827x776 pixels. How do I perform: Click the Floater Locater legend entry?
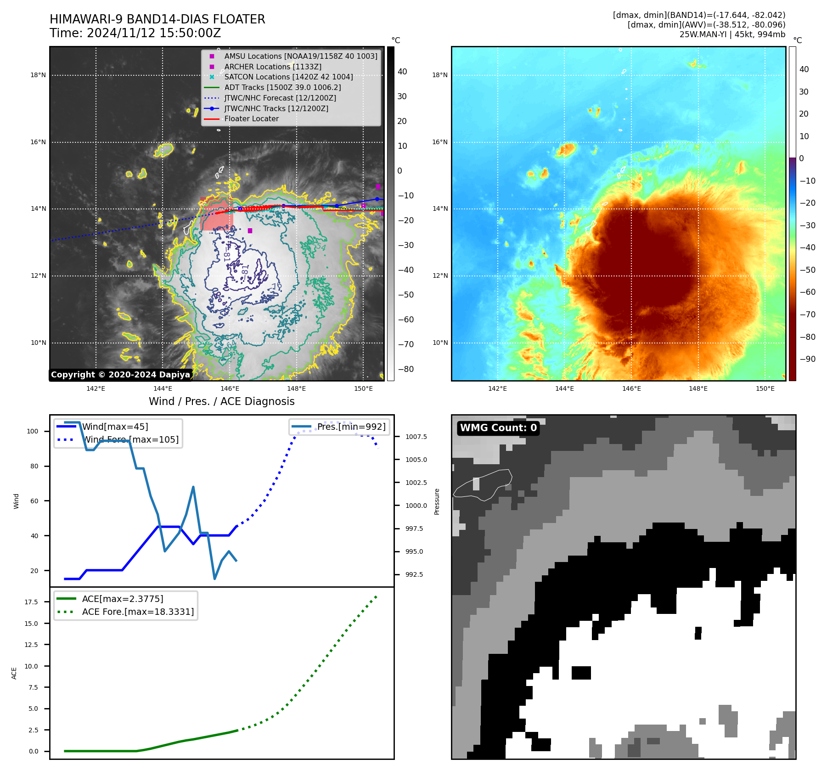pyautogui.click(x=251, y=119)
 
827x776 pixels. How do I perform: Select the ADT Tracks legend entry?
pyautogui.click(x=282, y=88)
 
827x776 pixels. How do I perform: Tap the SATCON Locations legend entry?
pyautogui.click(x=288, y=77)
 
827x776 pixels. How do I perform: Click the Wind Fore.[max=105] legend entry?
pyautogui.click(x=131, y=439)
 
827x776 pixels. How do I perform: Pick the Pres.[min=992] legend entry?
pyautogui.click(x=351, y=427)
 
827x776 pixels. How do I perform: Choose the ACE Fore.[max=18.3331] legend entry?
pyautogui.click(x=138, y=612)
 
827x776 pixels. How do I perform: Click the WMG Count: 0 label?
pyautogui.click(x=498, y=428)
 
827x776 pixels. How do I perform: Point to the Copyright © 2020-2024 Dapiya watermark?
pyautogui.click(x=120, y=375)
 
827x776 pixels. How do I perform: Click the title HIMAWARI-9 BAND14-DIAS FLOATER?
pyautogui.click(x=157, y=19)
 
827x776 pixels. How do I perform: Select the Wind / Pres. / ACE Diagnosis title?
pyautogui.click(x=221, y=401)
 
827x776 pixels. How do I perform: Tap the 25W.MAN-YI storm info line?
pyautogui.click(x=732, y=34)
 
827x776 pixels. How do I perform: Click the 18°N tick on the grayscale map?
pyautogui.click(x=38, y=75)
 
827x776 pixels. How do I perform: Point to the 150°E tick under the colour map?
pyautogui.click(x=765, y=388)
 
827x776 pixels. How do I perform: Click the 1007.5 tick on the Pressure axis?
pyautogui.click(x=416, y=437)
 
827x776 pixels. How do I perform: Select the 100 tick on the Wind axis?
pyautogui.click(x=33, y=431)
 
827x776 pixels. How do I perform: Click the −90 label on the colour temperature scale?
pyautogui.click(x=807, y=359)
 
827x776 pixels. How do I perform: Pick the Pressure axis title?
pyautogui.click(x=437, y=501)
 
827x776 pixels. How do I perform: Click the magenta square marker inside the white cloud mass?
pyautogui.click(x=250, y=231)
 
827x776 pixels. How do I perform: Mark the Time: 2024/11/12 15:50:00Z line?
pyautogui.click(x=135, y=33)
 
